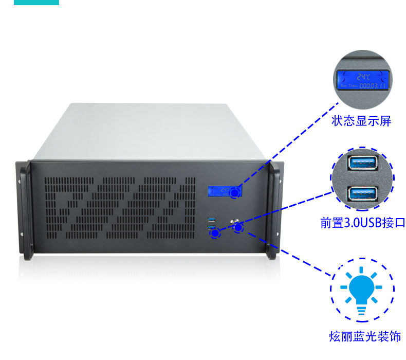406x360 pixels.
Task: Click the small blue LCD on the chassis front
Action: coord(221,191)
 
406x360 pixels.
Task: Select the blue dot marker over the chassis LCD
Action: coord(235,193)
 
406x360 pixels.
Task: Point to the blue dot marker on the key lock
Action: coord(238,228)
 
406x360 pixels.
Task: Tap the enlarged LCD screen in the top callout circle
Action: coord(362,80)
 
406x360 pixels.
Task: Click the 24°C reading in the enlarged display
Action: coord(363,75)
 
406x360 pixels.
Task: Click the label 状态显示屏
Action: coord(362,121)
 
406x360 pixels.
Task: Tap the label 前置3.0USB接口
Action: coord(363,223)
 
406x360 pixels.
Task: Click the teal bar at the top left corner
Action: coord(36,2)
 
